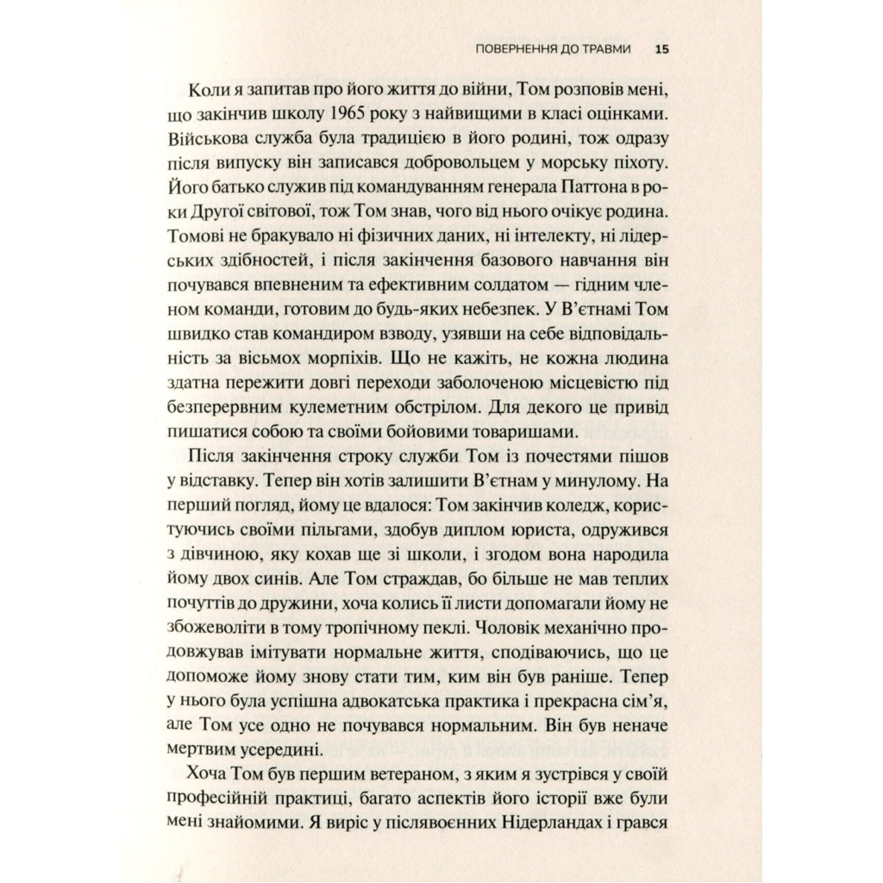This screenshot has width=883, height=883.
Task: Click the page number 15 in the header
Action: click(661, 50)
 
